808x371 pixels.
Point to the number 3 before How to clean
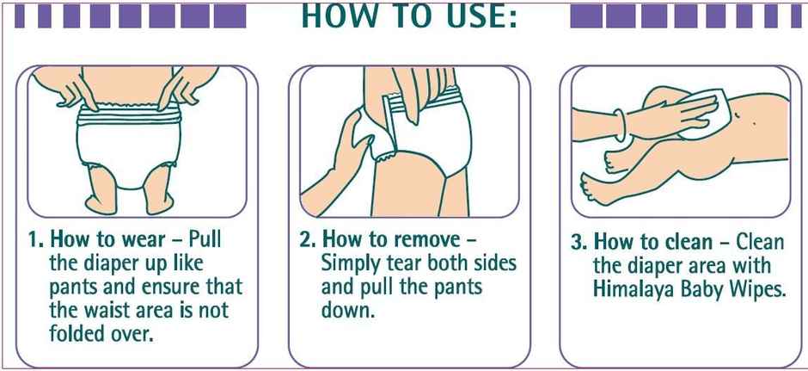[x=578, y=243]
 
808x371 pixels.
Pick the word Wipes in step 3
[x=756, y=290]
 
